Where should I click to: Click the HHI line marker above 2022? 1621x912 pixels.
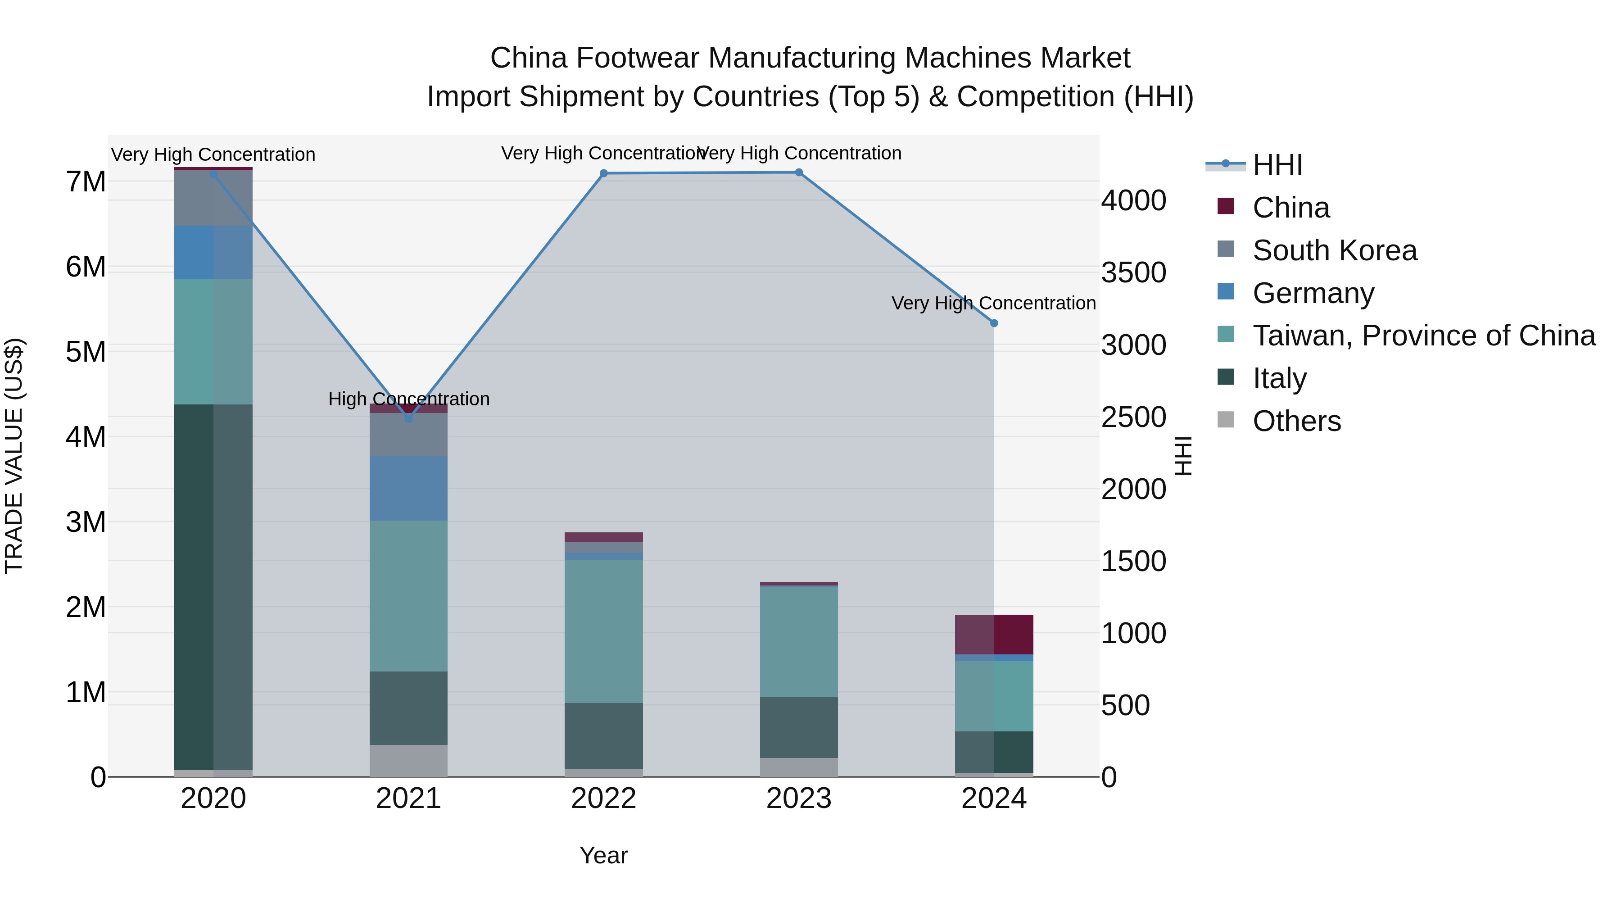(603, 173)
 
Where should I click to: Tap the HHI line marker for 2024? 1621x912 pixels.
(994, 323)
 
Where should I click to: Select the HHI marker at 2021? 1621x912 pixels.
(408, 418)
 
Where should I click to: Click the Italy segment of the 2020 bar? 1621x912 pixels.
(213, 585)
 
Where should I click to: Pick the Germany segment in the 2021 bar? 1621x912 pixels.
(408, 488)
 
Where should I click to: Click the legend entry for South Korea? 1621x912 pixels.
(1334, 250)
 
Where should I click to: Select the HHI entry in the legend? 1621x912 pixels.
(1277, 165)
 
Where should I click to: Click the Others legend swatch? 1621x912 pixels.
(1225, 419)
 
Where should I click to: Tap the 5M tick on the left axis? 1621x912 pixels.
(86, 352)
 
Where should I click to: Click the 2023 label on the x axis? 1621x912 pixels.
(798, 799)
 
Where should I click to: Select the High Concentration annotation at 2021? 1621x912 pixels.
(408, 399)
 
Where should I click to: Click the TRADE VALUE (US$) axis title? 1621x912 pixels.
(14, 456)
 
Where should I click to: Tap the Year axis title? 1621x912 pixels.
(603, 855)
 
